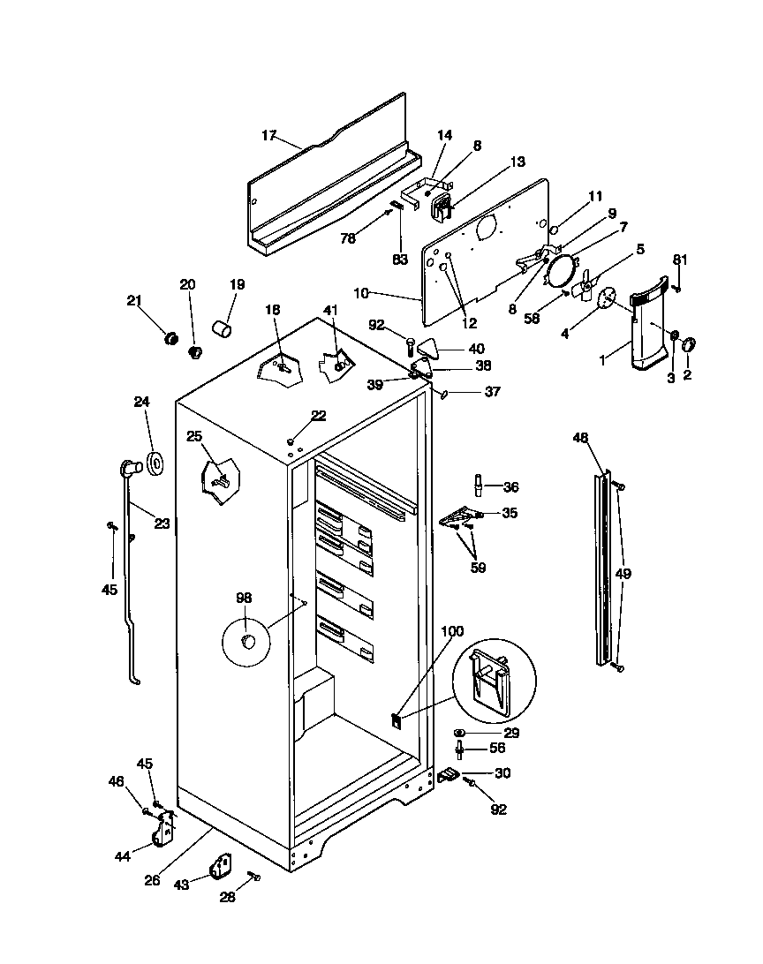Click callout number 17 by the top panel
tap(269, 135)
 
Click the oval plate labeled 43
tap(220, 866)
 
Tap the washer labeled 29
tap(460, 733)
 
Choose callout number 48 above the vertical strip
tap(580, 438)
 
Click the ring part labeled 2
tap(690, 342)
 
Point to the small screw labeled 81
tap(677, 287)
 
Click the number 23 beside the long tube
tap(162, 523)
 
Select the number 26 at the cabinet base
tap(153, 879)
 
